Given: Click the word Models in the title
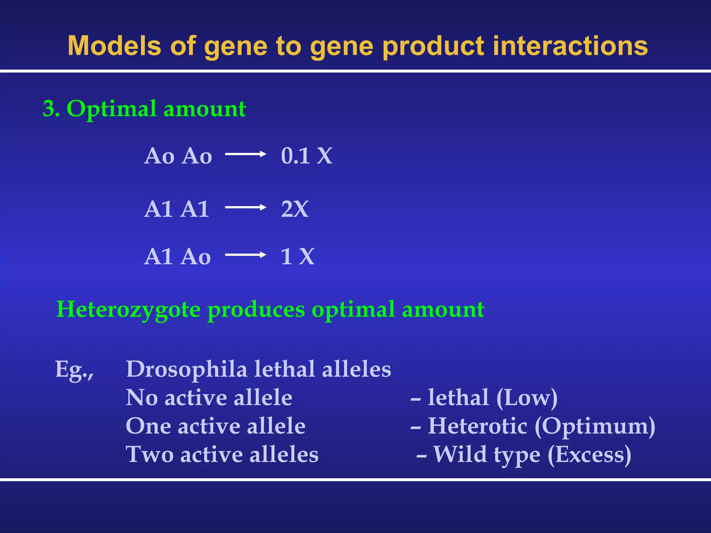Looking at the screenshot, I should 115,46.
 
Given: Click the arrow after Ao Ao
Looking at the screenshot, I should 245,154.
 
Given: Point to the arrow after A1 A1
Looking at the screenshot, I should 245,208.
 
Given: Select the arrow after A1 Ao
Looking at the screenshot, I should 245,255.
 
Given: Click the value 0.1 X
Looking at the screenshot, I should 307,155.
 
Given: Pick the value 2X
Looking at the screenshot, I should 295,209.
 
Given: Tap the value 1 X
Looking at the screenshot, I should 297,257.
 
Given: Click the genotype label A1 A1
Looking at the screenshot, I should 177,209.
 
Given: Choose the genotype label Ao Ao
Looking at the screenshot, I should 178,156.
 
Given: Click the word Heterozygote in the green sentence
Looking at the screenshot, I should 128,310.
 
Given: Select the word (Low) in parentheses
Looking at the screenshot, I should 527,398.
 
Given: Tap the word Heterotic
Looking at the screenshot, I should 477,426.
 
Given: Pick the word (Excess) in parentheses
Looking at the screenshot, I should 589,455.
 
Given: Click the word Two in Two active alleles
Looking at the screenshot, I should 150,455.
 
